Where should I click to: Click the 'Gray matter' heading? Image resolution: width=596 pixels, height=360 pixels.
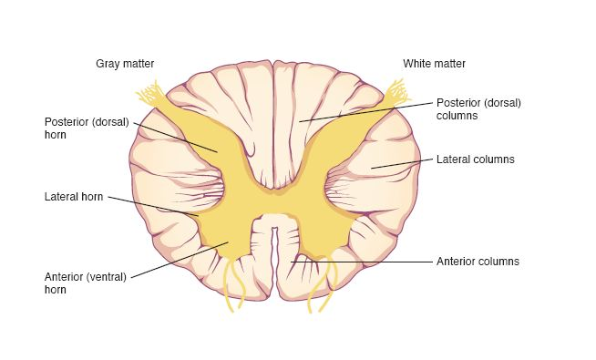125,64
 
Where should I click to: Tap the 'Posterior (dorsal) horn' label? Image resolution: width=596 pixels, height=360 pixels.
86,128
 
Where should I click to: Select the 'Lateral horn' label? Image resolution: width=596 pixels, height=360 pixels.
73,196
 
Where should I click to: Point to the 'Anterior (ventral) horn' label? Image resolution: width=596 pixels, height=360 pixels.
84,282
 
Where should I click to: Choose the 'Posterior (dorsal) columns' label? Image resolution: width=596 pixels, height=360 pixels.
478,109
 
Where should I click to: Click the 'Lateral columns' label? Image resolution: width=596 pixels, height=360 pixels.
475,159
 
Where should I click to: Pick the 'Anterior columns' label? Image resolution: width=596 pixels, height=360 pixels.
478,262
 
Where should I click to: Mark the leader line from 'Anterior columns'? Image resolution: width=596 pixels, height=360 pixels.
365,262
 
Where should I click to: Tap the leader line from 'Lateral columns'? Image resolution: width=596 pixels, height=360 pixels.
401,164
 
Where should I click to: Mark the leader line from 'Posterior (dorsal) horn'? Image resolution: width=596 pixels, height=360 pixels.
173,137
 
